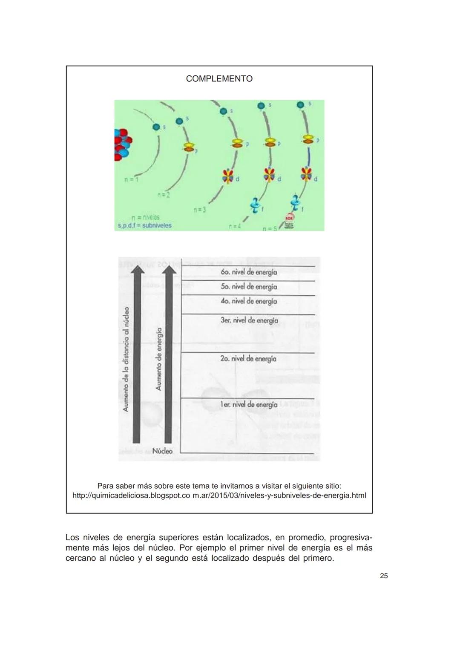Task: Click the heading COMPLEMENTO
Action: point(219,79)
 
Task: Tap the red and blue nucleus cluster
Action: point(122,144)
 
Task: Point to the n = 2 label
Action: point(163,195)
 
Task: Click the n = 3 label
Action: point(199,210)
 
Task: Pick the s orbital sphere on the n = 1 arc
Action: point(156,127)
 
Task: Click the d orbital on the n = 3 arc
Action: point(228,176)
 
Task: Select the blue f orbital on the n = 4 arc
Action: point(255,205)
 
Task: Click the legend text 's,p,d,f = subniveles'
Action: point(144,225)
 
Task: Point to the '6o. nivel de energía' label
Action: point(249,272)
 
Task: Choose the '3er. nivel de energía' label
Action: point(249,320)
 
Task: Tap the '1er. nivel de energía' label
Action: point(249,404)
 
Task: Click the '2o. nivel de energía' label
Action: point(248,359)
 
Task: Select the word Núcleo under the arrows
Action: point(162,451)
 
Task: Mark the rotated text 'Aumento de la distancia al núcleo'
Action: point(126,359)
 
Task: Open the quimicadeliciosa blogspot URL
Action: point(219,495)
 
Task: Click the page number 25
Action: point(384,576)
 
